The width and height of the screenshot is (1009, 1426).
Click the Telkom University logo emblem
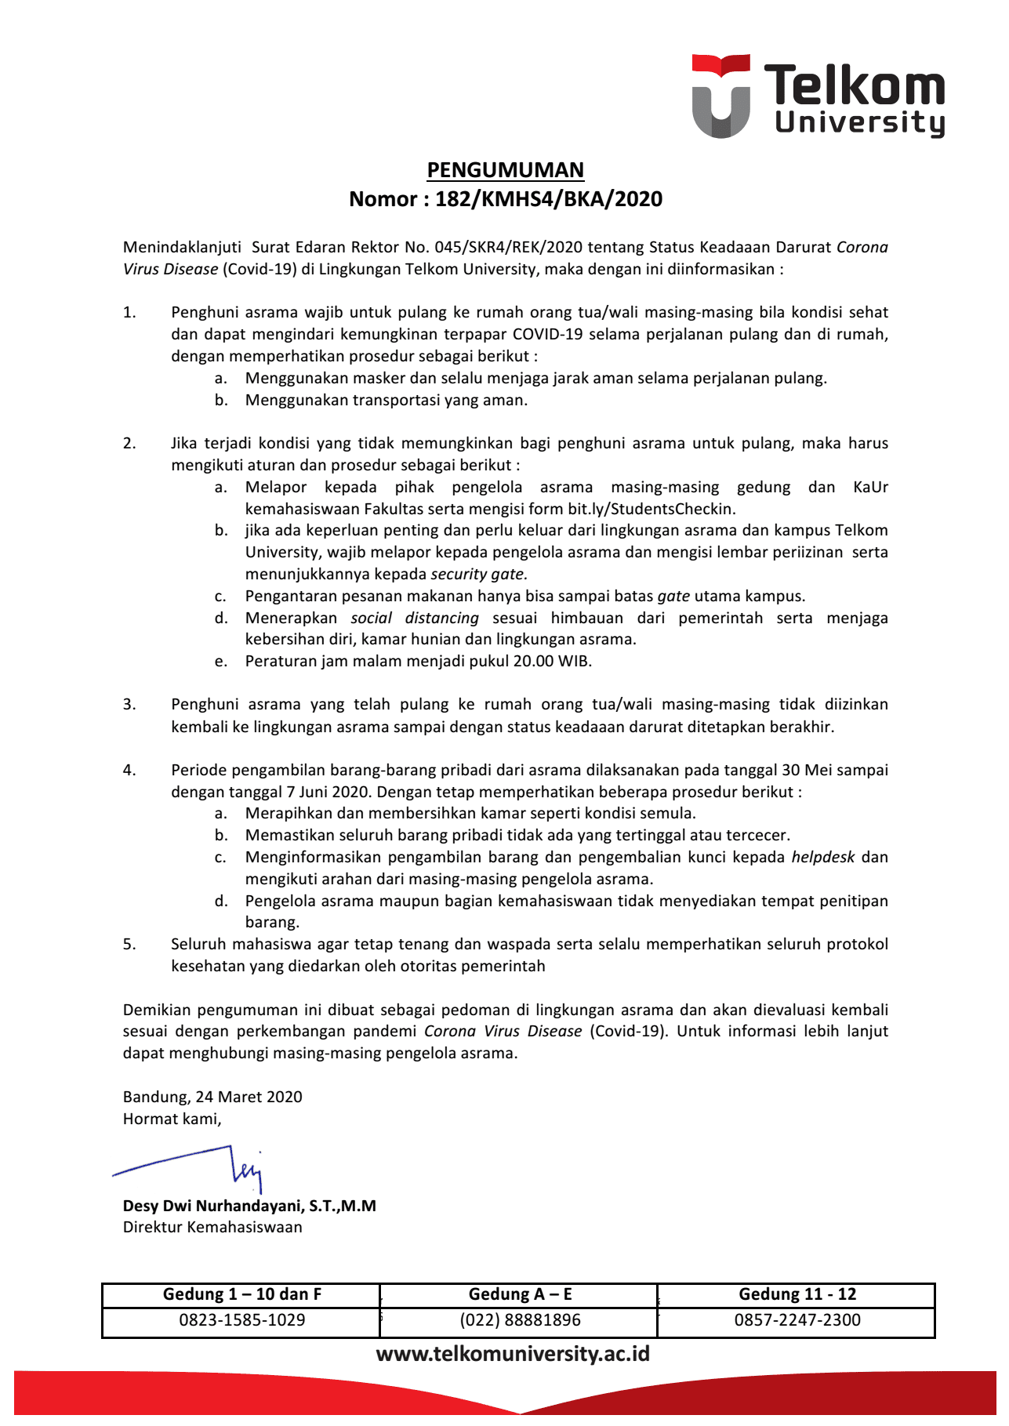(720, 96)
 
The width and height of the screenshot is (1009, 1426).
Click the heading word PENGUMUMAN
(505, 170)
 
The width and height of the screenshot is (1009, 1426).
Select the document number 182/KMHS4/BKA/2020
(549, 199)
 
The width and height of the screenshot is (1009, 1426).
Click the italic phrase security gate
(478, 574)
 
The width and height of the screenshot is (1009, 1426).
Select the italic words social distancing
(414, 618)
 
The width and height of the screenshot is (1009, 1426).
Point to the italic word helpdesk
(822, 857)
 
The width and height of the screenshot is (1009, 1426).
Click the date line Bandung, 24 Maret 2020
(212, 1097)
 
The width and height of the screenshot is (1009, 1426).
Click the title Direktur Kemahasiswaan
(212, 1227)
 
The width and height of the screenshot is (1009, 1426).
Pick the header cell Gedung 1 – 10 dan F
(241, 1294)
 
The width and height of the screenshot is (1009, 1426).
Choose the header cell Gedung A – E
(520, 1294)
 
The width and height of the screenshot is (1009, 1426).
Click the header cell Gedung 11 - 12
(797, 1294)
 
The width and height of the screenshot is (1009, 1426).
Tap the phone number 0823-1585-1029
(241, 1320)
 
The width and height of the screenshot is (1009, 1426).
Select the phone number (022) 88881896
(520, 1320)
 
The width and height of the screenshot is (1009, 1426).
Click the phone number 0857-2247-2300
(797, 1320)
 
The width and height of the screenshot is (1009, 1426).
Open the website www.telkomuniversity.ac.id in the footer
(513, 1354)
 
